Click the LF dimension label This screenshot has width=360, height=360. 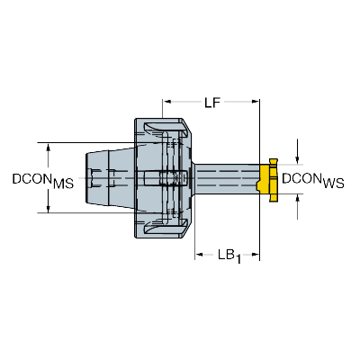click(212, 103)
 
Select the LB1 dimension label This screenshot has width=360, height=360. click(229, 256)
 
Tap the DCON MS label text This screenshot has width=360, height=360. click(43, 181)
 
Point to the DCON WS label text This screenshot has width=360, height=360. click(313, 181)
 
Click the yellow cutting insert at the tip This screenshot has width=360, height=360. click(267, 179)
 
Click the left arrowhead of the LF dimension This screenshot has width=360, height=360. click(167, 102)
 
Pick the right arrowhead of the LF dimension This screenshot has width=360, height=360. click(256, 102)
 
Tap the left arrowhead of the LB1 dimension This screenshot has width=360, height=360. click(199, 255)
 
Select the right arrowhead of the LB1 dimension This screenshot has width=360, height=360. click(256, 255)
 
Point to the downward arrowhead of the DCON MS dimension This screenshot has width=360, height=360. click(48, 209)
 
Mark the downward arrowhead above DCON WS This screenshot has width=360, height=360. click(297, 160)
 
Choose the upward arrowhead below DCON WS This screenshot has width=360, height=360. click(297, 198)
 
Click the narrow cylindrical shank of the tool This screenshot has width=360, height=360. click(227, 179)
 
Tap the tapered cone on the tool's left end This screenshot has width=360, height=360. click(110, 178)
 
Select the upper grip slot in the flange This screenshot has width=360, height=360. click(165, 128)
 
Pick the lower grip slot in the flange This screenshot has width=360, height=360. click(165, 229)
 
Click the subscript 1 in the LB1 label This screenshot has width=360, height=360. click(238, 259)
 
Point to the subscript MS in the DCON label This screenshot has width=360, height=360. click(63, 184)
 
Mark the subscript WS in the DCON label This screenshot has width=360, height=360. click(334, 184)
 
